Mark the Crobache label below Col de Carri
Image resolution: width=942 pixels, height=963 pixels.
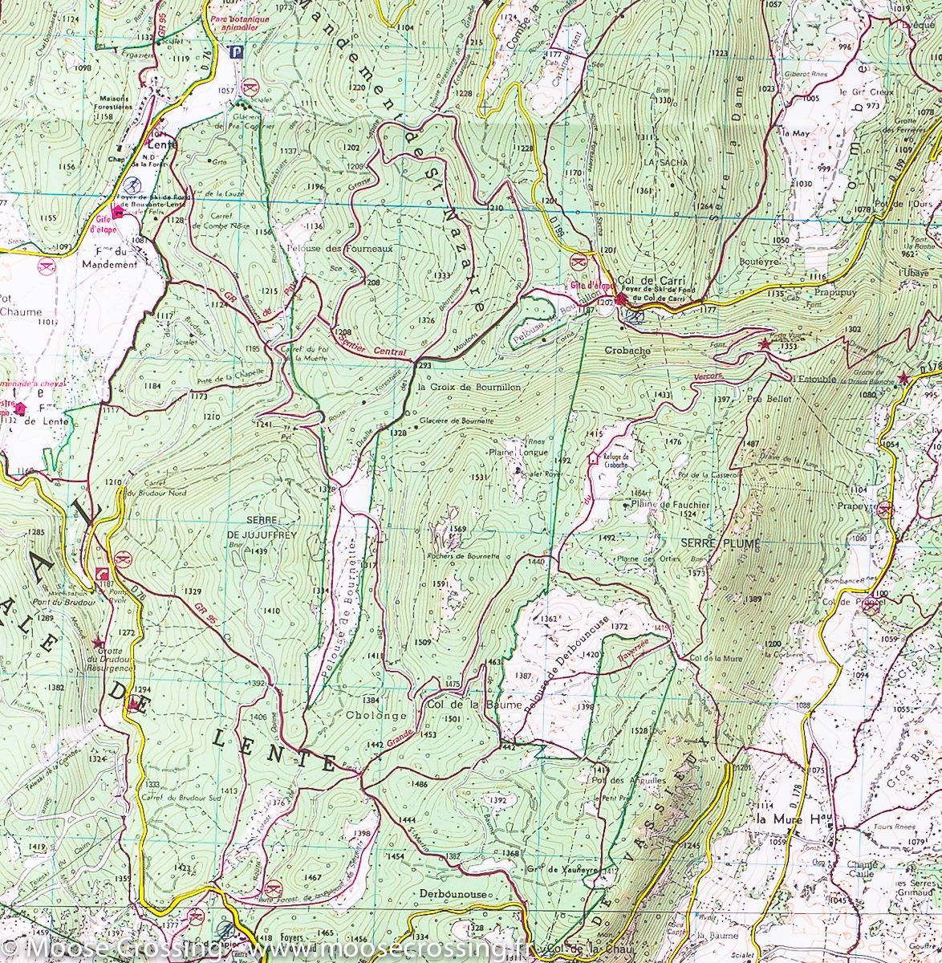[x=627, y=351]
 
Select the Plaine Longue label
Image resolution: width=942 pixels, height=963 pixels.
[x=518, y=452]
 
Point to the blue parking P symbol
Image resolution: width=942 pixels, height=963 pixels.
[x=235, y=53]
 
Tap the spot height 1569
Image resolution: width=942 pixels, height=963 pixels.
[x=458, y=528]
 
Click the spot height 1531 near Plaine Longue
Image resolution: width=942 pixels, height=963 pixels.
[x=479, y=477]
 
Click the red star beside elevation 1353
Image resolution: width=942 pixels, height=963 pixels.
[x=764, y=344]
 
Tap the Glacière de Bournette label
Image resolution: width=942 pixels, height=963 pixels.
[x=456, y=420]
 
